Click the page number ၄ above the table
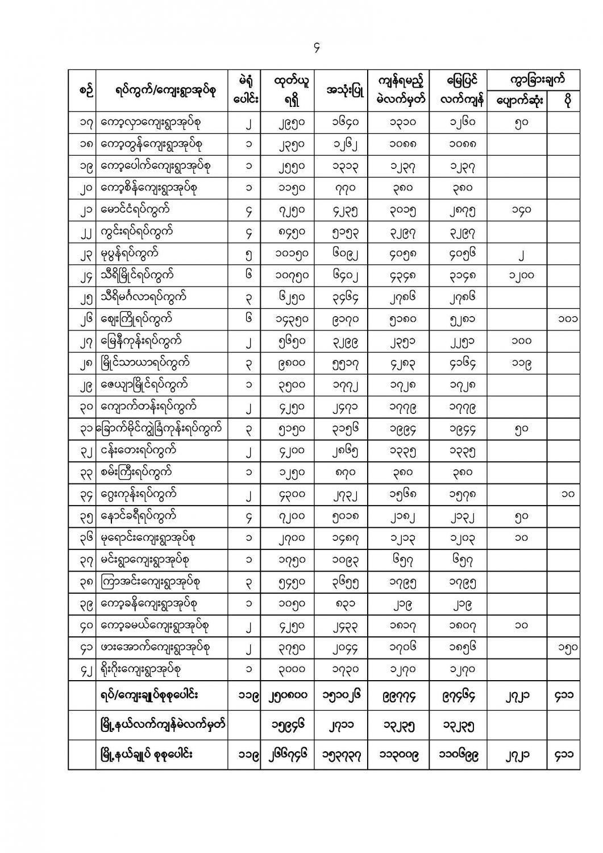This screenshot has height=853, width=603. pyautogui.click(x=317, y=49)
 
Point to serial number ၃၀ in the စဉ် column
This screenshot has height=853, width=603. pyautogui.click(x=82, y=407)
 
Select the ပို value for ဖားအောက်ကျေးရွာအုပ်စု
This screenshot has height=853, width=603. pyautogui.click(x=567, y=647)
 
